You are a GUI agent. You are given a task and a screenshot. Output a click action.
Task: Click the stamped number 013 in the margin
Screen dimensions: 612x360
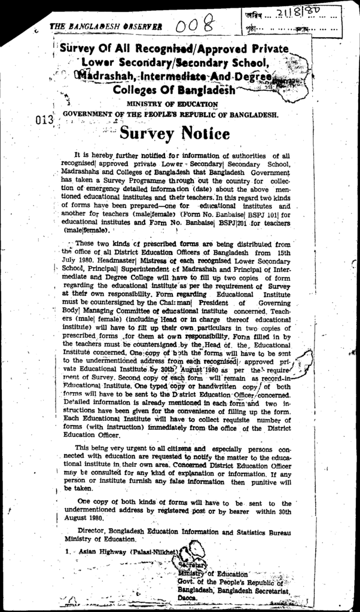(x=45, y=118)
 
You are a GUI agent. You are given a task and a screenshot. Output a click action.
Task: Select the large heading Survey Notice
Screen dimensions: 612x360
(x=174, y=132)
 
